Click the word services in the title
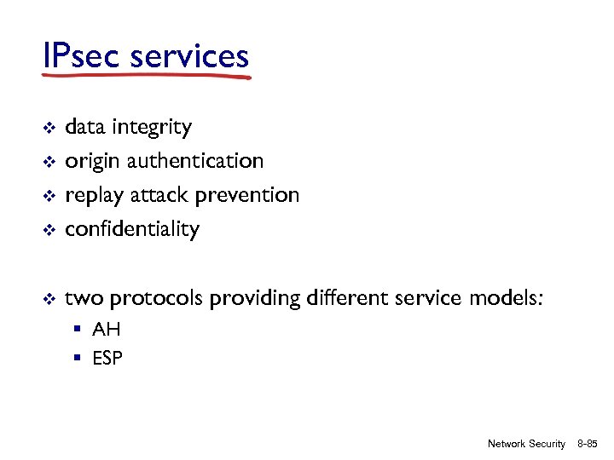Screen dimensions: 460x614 click(x=189, y=56)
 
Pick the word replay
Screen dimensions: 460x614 click(x=94, y=196)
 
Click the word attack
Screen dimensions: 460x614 click(x=160, y=195)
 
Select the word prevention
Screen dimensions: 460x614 click(x=247, y=195)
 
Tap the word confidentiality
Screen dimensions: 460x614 click(x=132, y=229)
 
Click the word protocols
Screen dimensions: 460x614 click(x=157, y=298)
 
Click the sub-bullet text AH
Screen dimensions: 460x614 click(x=107, y=330)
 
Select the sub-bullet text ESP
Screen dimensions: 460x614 click(x=108, y=359)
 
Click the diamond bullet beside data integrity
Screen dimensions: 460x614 click(x=49, y=128)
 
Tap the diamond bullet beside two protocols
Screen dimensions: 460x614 click(x=49, y=299)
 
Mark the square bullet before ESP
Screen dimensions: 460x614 click(x=77, y=359)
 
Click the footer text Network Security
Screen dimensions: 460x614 click(x=526, y=444)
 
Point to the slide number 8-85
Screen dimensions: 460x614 click(x=588, y=444)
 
